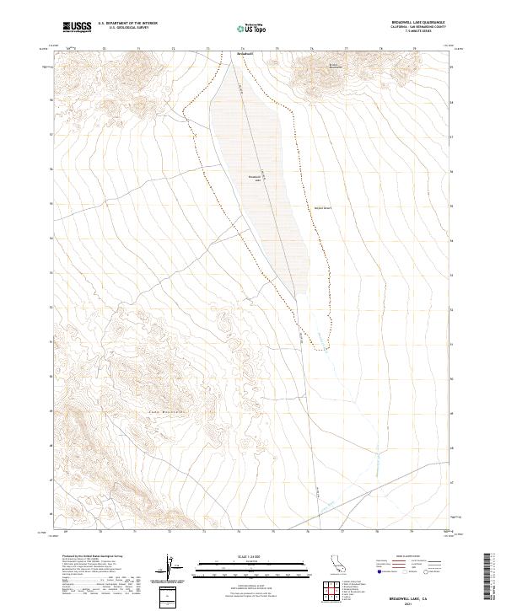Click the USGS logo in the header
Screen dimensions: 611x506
pyautogui.click(x=78, y=27)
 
